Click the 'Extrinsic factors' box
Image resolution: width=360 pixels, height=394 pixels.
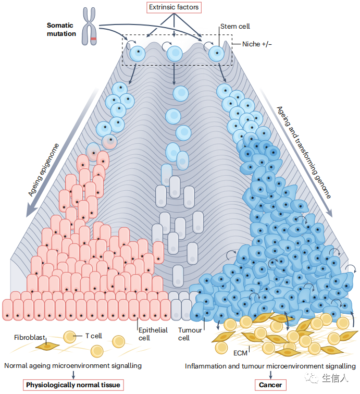[174, 7]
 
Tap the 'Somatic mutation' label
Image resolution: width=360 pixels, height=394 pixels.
[61, 29]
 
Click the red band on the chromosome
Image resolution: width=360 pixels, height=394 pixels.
[93, 39]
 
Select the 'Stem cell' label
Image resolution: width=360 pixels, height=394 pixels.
[235, 27]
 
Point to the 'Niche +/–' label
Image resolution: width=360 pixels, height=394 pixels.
[257, 44]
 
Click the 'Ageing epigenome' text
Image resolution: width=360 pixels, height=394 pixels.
[43, 170]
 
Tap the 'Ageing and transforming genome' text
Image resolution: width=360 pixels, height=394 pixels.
[304, 152]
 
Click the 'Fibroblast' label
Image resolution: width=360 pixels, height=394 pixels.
[29, 337]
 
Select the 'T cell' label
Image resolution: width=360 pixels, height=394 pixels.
[93, 336]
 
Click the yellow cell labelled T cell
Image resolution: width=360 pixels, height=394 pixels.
[70, 337]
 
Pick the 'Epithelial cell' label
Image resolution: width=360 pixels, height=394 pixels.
[153, 334]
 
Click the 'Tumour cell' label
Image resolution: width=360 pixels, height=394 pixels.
[190, 334]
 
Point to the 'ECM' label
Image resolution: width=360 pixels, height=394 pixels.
[240, 353]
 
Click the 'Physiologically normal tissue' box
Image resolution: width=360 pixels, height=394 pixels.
[73, 385]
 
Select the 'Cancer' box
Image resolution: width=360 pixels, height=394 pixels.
[270, 385]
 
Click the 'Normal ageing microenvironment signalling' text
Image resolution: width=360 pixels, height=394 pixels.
[73, 366]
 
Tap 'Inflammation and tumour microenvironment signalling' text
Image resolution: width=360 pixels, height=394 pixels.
[270, 366]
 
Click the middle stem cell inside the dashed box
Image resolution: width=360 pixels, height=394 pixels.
[175, 54]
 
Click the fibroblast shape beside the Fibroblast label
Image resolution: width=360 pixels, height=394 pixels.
[47, 347]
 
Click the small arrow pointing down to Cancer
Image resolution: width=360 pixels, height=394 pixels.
[270, 375]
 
